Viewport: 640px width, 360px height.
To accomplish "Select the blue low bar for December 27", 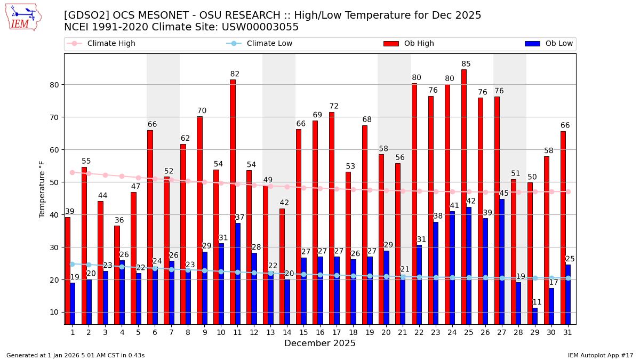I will pyautogui.click(x=502, y=261).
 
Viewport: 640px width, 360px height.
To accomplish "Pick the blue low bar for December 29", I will pyautogui.click(x=535, y=316).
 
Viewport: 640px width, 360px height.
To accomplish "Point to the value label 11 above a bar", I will pyautogui.click(x=537, y=302).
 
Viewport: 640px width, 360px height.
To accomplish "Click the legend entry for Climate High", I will pyautogui.click(x=111, y=44).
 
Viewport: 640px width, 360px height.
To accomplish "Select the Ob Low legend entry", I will pyautogui.click(x=559, y=44).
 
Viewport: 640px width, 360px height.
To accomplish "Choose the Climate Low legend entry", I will pyautogui.click(x=269, y=44).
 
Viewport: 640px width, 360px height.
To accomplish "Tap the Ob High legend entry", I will pyautogui.click(x=419, y=44).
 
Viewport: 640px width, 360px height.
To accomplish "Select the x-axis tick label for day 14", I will pyautogui.click(x=287, y=332).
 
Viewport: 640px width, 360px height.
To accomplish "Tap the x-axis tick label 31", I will pyautogui.click(x=568, y=332).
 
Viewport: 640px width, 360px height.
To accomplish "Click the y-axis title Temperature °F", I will pyautogui.click(x=43, y=189).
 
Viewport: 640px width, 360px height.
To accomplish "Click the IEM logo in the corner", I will pyautogui.click(x=23, y=17).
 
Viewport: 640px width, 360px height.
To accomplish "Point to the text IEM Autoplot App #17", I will pyautogui.click(x=601, y=355).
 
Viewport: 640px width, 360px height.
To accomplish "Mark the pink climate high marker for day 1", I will pyautogui.click(x=72, y=172).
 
